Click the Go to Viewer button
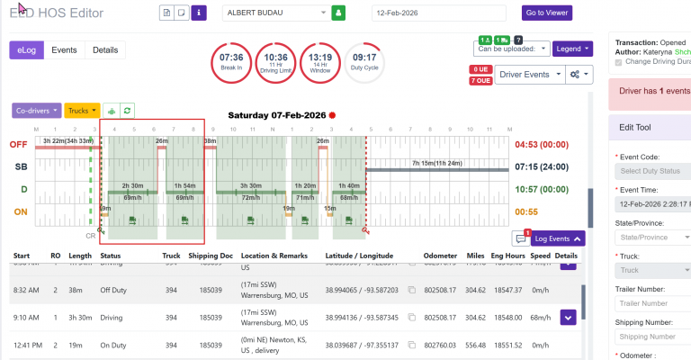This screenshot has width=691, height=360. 547,13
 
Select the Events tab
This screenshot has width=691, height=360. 64,50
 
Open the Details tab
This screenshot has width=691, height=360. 105,50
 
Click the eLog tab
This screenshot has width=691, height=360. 27,50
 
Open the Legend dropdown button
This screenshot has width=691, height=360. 573,49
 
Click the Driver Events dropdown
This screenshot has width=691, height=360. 525,75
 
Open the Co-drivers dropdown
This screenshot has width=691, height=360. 37,111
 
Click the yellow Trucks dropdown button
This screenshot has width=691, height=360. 82,111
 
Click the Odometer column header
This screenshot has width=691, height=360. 438,256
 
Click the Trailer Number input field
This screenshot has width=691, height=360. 651,303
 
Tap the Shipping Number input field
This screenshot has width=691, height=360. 651,337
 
